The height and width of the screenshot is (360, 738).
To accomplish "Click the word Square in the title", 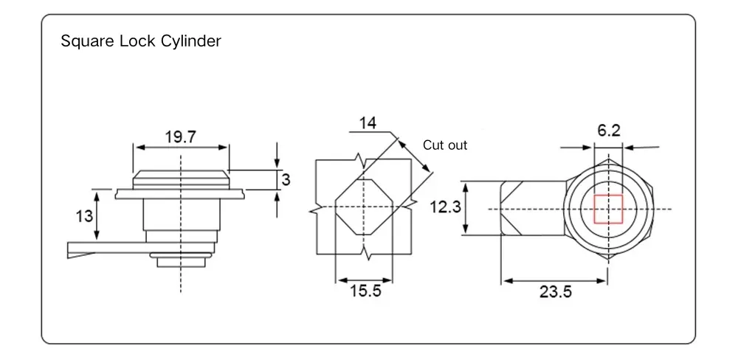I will click(x=84, y=41).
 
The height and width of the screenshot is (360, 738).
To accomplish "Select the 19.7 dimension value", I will click(x=181, y=136).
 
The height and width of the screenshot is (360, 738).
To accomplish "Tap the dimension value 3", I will click(x=286, y=179).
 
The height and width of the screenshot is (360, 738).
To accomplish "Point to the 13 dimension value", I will click(x=84, y=215).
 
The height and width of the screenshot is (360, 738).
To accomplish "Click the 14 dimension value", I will click(x=368, y=122).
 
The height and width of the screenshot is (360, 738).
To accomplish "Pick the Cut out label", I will click(x=445, y=145).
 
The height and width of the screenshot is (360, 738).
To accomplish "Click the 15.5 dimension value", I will click(x=365, y=291).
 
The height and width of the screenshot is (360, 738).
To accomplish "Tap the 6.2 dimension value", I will click(x=609, y=131).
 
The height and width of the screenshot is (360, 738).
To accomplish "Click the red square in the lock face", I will click(x=609, y=209).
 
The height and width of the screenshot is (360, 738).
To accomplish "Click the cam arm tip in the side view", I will click(x=74, y=249).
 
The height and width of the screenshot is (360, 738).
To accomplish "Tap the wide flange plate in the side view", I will click(x=180, y=194).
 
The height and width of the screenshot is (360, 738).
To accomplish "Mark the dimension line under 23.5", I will click(x=555, y=280).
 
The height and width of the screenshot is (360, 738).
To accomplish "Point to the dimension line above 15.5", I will click(x=365, y=280).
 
